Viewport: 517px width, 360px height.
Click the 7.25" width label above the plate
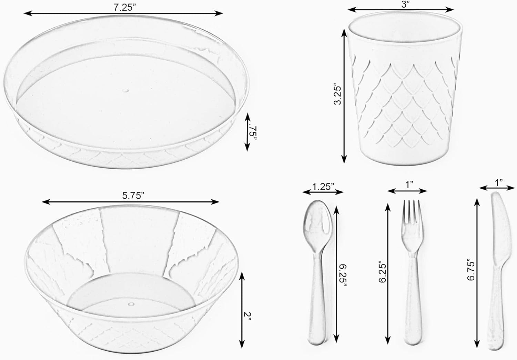point(123,7)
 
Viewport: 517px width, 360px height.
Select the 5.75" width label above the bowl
point(133,196)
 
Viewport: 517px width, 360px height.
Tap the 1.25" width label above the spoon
point(323,187)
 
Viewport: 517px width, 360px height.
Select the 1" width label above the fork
point(409,185)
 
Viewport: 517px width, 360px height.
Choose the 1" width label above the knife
point(498,182)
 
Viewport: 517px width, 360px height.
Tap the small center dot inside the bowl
point(131,304)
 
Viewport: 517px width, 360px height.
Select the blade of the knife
point(498,228)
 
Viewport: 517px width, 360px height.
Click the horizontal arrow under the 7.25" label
point(123,13)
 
